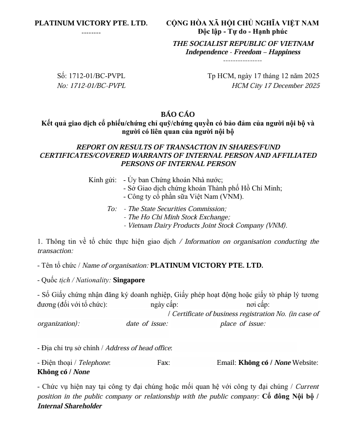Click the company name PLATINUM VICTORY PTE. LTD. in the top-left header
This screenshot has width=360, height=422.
(x=91, y=23)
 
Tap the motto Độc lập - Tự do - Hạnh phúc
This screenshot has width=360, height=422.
(x=242, y=32)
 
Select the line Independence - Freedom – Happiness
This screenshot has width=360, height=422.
(x=243, y=52)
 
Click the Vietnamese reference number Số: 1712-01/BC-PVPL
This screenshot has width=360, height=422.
(x=91, y=76)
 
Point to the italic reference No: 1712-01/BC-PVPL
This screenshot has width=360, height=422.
(x=91, y=85)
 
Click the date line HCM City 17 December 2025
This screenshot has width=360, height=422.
(x=275, y=85)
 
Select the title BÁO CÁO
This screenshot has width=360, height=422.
(x=178, y=114)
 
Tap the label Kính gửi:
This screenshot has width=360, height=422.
(x=103, y=180)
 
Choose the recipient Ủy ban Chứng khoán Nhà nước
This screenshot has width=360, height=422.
(x=175, y=180)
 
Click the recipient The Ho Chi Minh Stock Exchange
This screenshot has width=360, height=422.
(x=179, y=217)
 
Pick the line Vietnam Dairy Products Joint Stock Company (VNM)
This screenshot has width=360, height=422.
(x=207, y=225)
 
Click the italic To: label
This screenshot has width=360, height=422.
(x=112, y=209)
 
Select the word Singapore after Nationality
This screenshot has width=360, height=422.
(x=129, y=280)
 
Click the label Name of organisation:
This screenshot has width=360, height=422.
(x=115, y=265)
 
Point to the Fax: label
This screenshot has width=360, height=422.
(x=164, y=362)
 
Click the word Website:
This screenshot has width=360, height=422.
(x=305, y=362)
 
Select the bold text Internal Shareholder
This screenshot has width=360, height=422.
(x=70, y=406)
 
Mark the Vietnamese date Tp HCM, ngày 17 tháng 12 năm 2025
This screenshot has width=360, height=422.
(x=263, y=76)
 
